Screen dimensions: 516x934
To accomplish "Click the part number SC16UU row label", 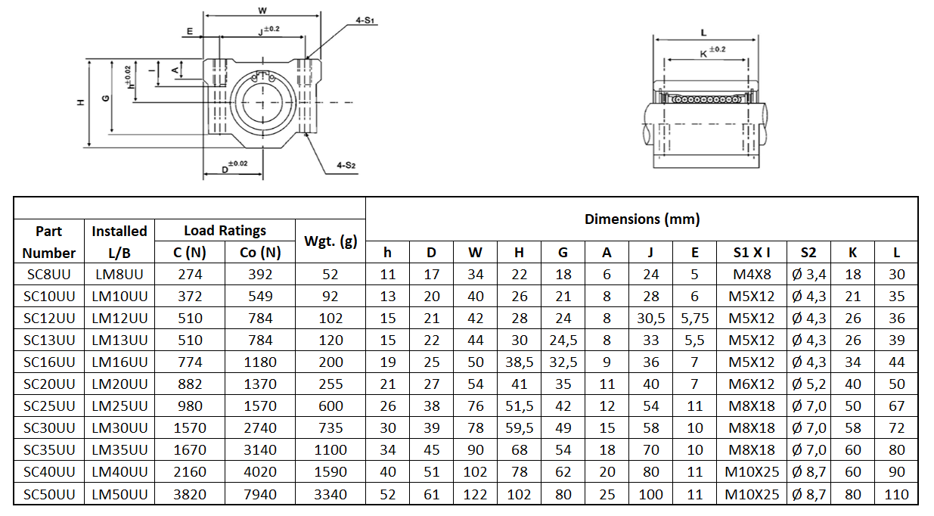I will [49, 362].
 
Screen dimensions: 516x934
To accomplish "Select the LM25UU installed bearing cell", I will [119, 406].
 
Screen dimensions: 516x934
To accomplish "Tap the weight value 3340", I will [330, 495].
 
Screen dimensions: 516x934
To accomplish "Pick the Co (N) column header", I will [260, 253].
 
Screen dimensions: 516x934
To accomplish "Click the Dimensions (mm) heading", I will [641, 219].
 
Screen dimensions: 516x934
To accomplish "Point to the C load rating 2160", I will [189, 472].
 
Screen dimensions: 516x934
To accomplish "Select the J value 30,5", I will [651, 319].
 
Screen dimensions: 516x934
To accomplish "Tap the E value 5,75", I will [695, 319].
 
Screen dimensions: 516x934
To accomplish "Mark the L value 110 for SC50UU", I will [896, 495].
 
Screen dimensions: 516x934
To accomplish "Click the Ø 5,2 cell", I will [808, 384].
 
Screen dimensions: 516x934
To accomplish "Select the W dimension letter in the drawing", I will [262, 11].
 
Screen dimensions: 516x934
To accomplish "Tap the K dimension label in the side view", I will [704, 53].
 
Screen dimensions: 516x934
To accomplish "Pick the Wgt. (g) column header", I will [330, 241].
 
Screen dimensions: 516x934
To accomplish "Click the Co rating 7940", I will [260, 495].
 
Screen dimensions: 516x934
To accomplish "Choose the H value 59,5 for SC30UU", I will [520, 428].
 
